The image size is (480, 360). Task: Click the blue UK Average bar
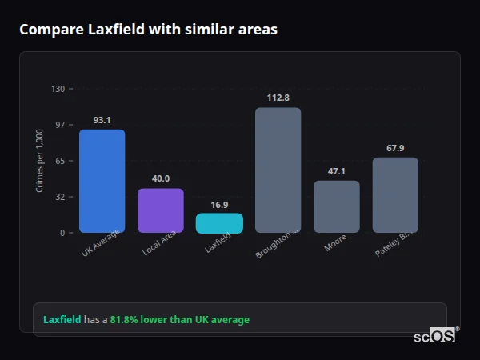102,181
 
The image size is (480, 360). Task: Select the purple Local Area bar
161,210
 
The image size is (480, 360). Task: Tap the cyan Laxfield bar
219,223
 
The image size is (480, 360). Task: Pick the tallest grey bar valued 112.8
278,170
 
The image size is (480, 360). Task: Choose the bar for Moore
336,206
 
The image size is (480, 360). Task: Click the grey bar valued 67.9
395,194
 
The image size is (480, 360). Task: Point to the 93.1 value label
102,120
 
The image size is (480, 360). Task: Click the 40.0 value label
161,178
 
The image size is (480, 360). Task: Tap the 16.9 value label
219,205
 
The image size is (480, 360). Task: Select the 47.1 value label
336,171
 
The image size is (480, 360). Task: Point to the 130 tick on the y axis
58,89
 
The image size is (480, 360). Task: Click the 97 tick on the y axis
59,125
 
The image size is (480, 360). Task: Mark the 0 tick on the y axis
62,233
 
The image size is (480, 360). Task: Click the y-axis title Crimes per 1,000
40,160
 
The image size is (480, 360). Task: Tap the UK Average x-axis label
101,243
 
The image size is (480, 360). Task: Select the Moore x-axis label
335,242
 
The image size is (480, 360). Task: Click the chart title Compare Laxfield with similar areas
148,30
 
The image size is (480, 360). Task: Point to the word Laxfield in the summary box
62,319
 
